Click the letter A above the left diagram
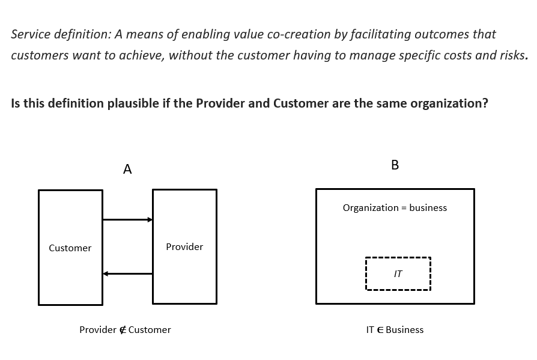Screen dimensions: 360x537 click(127, 169)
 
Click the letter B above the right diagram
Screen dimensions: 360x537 click(395, 165)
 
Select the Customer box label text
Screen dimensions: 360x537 click(70, 248)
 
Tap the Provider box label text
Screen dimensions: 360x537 click(184, 247)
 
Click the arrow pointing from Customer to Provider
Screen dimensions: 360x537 click(127, 220)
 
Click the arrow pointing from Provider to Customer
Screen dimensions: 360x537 click(127, 274)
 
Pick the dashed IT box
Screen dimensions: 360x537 click(398, 274)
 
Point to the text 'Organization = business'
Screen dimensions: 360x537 click(395, 208)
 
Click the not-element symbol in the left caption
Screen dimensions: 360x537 click(123, 330)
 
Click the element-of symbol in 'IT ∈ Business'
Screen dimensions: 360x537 click(380, 330)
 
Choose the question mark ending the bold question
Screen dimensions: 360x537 click(485, 103)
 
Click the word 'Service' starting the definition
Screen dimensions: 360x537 click(29, 34)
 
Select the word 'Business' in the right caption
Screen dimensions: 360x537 click(405, 330)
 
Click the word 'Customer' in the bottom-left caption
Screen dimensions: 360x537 click(150, 330)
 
